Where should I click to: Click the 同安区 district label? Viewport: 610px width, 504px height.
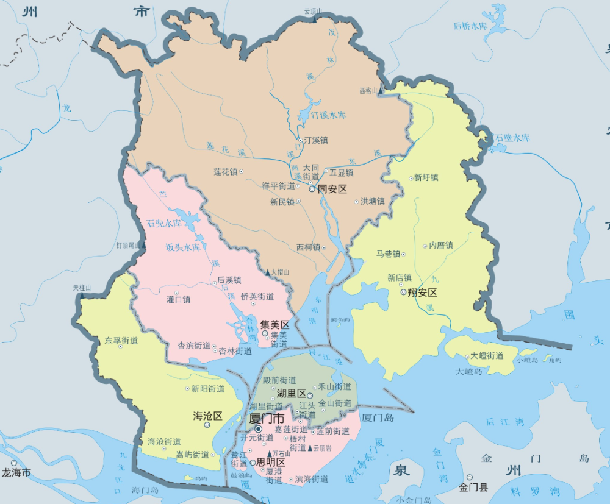(332, 189)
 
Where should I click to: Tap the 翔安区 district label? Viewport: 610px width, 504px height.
(423, 293)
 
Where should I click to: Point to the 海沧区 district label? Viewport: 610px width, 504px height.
(208, 416)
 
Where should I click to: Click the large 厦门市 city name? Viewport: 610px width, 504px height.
(267, 419)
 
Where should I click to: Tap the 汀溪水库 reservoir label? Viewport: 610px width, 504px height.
(328, 115)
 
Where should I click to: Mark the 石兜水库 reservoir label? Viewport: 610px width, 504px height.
(164, 223)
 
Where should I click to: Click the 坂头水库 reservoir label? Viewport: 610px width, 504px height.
(183, 247)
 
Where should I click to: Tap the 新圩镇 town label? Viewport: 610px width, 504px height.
(426, 178)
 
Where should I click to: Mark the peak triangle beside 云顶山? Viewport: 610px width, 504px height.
(314, 20)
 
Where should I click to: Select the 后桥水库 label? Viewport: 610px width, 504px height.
(471, 26)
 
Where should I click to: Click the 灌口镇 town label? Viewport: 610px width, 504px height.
(178, 299)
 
